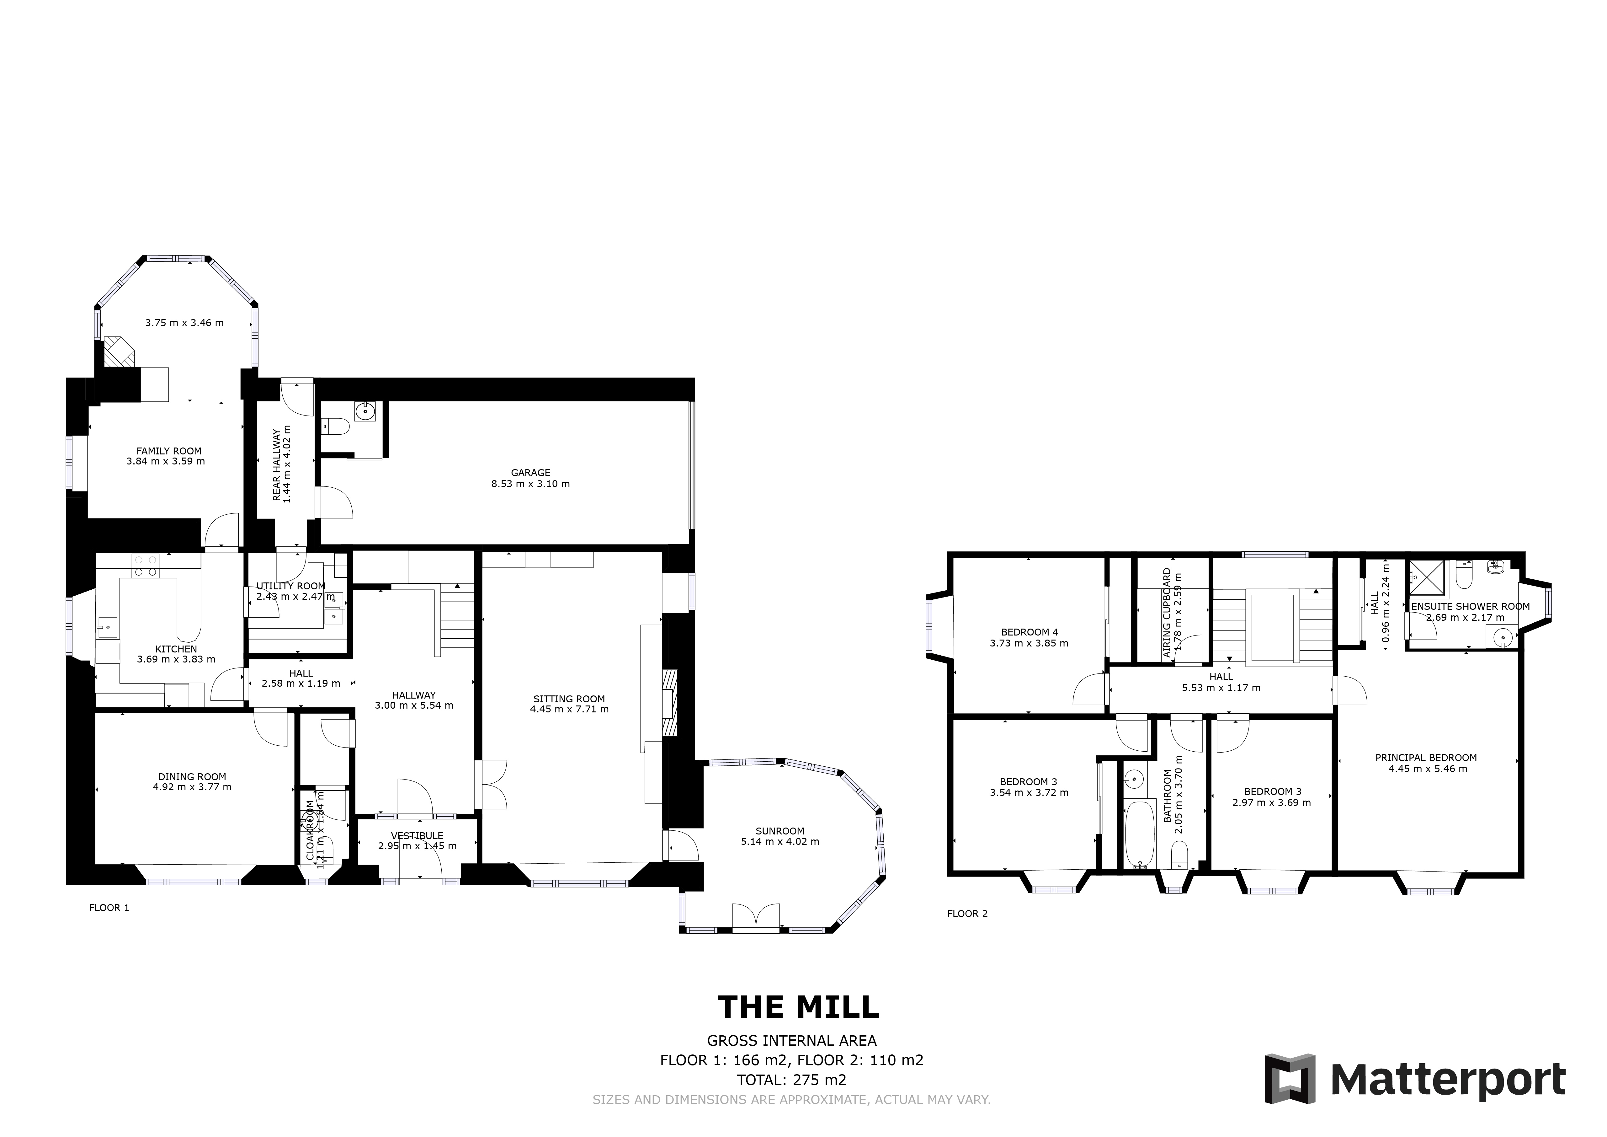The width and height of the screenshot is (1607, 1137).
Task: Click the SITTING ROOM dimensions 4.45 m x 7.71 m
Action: [569, 709]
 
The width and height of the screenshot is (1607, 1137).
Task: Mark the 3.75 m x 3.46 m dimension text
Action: [184, 323]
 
